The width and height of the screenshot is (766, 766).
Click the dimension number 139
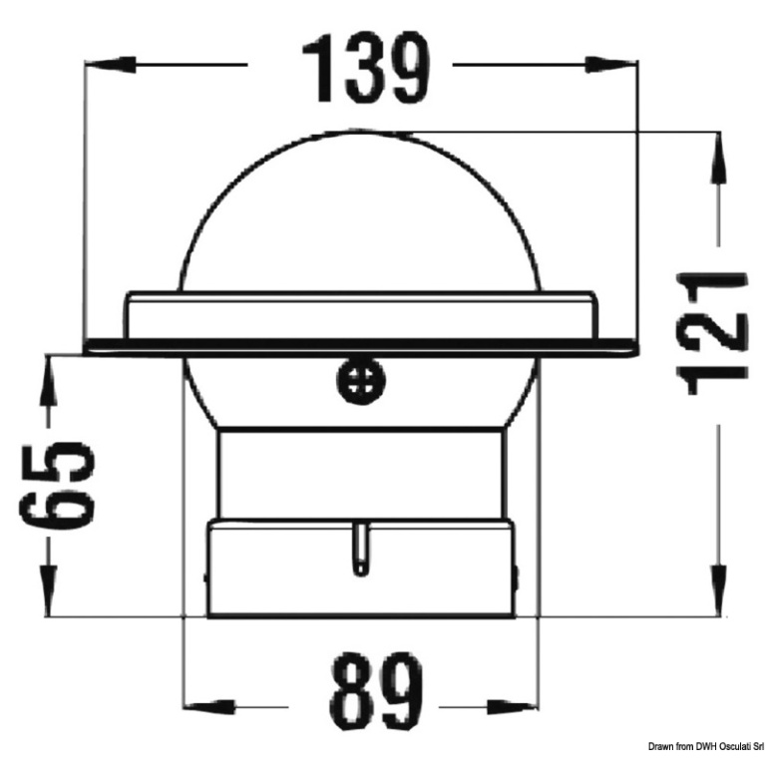coord(365,70)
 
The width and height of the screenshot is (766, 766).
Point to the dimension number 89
coord(376,695)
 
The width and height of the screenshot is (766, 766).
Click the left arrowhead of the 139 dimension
coord(111,65)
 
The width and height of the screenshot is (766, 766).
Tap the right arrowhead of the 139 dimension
coord(611,65)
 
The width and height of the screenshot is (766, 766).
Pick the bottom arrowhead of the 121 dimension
coord(719,590)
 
